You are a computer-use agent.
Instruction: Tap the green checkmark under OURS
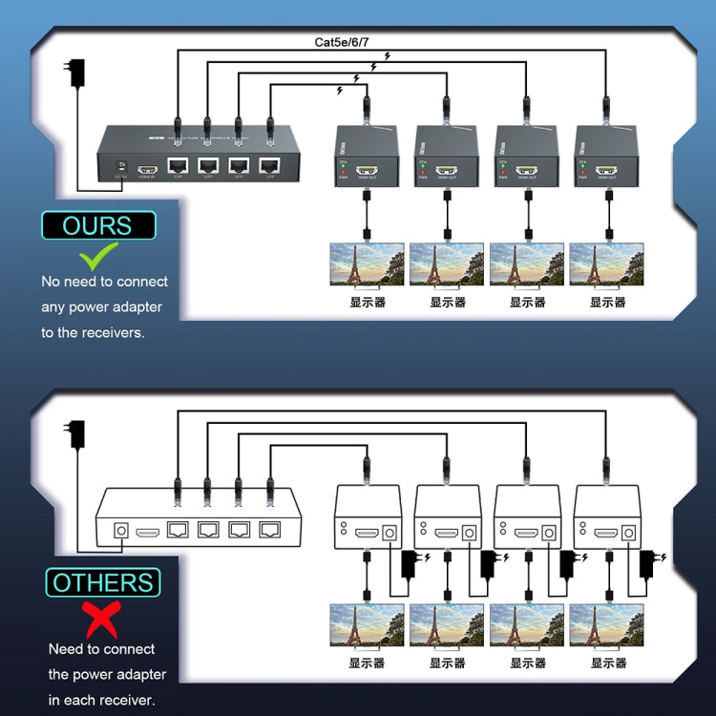98,256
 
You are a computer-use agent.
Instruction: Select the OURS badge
97,225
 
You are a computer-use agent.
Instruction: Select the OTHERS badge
102,582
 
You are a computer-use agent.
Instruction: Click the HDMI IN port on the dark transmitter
148,166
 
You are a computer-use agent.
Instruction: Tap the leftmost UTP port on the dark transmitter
178,165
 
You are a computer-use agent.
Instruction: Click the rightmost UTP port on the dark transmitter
269,165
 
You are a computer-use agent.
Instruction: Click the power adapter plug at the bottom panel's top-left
77,435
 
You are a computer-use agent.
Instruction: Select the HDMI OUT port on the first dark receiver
367,173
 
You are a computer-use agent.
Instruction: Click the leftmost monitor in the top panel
367,264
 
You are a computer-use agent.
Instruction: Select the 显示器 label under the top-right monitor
607,302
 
